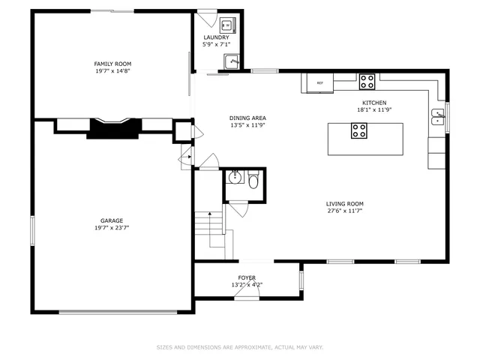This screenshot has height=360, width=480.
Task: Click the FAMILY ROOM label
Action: (112, 63)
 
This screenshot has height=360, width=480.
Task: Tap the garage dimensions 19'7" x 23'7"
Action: (112, 228)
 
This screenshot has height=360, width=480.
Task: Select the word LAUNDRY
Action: (216, 37)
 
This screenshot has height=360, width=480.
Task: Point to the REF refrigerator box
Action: (319, 82)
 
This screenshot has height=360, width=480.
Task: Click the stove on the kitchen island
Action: (360, 131)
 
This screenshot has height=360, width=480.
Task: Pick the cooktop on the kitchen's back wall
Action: (367, 79)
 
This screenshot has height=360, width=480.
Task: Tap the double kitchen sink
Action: (438, 116)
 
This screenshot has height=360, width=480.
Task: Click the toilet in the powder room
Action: (253, 181)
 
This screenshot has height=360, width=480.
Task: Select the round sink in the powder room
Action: (235, 178)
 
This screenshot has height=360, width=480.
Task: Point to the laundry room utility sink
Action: (232, 62)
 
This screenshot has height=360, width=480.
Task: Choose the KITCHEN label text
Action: (374, 103)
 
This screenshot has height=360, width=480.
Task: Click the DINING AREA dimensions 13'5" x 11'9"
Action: (247, 125)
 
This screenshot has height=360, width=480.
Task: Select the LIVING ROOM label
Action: (344, 203)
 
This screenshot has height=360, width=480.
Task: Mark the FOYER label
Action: (247, 277)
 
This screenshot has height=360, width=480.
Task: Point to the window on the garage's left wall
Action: (32, 229)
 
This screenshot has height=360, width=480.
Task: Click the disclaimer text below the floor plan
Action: (240, 347)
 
